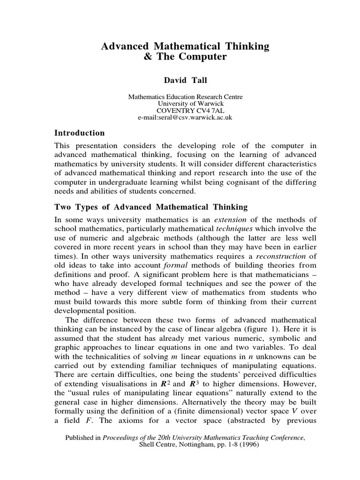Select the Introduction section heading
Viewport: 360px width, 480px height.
point(80,133)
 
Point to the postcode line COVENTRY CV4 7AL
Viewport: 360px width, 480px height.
point(185,111)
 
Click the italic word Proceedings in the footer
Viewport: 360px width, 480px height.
point(123,438)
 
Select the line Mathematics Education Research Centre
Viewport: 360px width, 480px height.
point(186,97)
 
